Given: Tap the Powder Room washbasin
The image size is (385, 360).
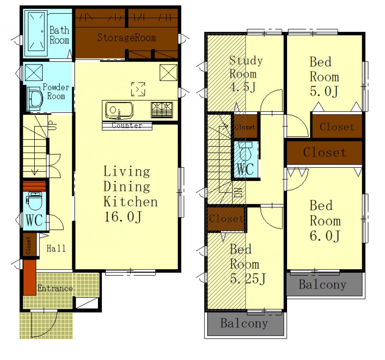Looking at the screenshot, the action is [x=35, y=99].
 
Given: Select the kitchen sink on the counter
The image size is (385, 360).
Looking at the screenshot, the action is [x=119, y=111].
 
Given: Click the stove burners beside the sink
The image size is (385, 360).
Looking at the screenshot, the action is [x=162, y=110].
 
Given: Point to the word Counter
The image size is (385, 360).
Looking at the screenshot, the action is [x=127, y=125].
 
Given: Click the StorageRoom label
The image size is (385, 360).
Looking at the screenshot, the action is [x=126, y=37].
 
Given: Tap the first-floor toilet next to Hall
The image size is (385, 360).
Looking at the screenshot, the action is [x=35, y=201].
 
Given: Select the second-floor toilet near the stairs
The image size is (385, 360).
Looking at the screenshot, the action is [x=245, y=152].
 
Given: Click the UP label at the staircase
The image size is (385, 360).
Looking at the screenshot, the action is [x=52, y=125].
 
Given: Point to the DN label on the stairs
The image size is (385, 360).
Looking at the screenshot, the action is [x=238, y=192].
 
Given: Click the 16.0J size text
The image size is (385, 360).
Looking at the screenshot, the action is [x=123, y=217].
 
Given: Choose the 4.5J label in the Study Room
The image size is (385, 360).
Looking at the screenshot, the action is [x=243, y=87].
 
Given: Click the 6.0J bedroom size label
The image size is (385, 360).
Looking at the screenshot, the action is [x=325, y=236].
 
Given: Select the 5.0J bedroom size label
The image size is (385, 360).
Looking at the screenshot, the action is [x=324, y=91].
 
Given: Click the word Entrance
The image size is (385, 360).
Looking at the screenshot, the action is [x=55, y=288].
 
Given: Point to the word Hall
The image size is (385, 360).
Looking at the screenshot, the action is [x=56, y=248].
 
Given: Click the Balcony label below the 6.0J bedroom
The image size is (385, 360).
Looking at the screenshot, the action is [x=322, y=285].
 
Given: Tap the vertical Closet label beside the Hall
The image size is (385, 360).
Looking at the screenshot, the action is [x=28, y=245].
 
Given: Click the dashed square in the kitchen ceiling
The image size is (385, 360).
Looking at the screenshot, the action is [x=138, y=89].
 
